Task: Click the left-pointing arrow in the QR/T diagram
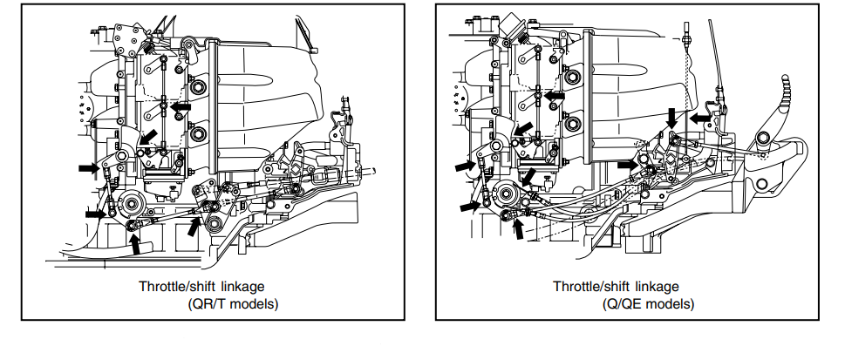point(181,106)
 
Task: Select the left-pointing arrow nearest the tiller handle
point(701,116)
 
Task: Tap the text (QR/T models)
point(232,304)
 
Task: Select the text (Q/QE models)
point(648,304)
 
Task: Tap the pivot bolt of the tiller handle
point(764,138)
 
